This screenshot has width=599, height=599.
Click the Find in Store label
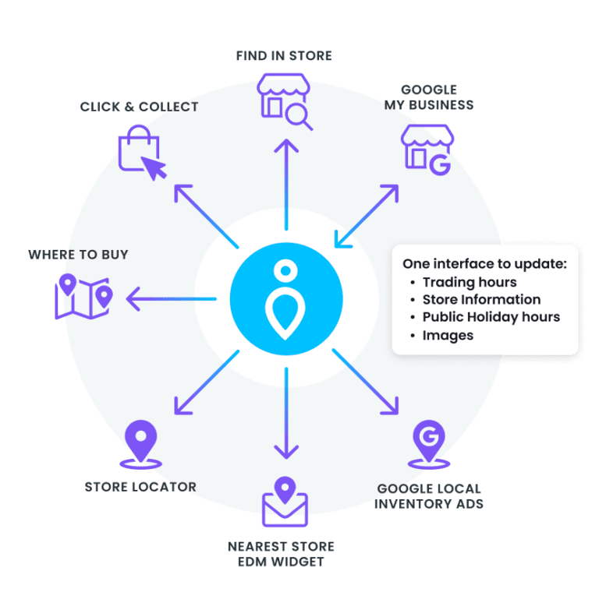(x=284, y=55)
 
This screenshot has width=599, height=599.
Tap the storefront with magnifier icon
(x=285, y=102)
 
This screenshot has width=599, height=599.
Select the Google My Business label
(x=428, y=97)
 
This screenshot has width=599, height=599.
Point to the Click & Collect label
(x=139, y=106)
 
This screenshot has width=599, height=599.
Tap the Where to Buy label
(x=78, y=255)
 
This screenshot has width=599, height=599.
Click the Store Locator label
(x=140, y=487)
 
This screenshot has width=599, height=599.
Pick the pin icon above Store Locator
(x=140, y=444)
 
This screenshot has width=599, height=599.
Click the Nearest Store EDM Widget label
(x=282, y=554)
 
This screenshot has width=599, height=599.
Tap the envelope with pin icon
(x=285, y=502)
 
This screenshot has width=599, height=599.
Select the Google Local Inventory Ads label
(x=429, y=496)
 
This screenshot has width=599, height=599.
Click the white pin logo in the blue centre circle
(x=285, y=299)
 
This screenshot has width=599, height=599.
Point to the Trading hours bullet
(x=470, y=282)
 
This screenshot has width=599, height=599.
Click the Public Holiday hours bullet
(x=491, y=317)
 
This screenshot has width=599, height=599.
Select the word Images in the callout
(x=448, y=335)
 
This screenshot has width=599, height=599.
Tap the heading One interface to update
(x=484, y=263)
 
